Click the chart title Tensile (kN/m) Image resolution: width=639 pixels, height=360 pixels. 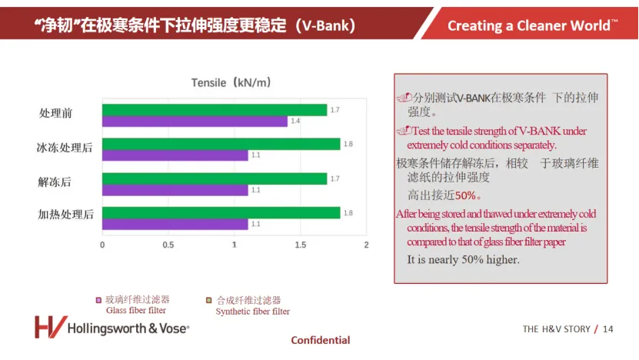click(231, 82)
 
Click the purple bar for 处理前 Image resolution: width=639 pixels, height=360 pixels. click(195, 121)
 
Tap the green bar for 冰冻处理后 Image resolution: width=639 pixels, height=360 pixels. click(221, 144)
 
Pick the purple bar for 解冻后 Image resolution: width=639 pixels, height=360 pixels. click(175, 189)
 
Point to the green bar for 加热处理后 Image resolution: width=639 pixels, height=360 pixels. click(221, 212)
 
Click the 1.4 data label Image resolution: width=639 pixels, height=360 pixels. click(295, 122)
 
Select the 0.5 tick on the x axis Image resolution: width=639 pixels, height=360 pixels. click(168, 245)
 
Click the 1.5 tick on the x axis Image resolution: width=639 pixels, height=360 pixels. click(300, 245)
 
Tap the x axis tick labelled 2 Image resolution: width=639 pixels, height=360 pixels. click(366, 245)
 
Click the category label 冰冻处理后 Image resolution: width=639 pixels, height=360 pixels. click(65, 147)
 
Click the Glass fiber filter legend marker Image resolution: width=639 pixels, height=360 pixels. click(98, 300)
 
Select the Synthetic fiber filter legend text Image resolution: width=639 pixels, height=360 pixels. click(252, 312)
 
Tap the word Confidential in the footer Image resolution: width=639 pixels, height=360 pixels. click(320, 340)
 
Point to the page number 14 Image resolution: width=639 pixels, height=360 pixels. click(608, 329)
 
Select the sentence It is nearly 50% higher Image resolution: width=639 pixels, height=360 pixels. click(463, 259)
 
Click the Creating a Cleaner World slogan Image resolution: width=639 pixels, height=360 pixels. click(532, 25)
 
